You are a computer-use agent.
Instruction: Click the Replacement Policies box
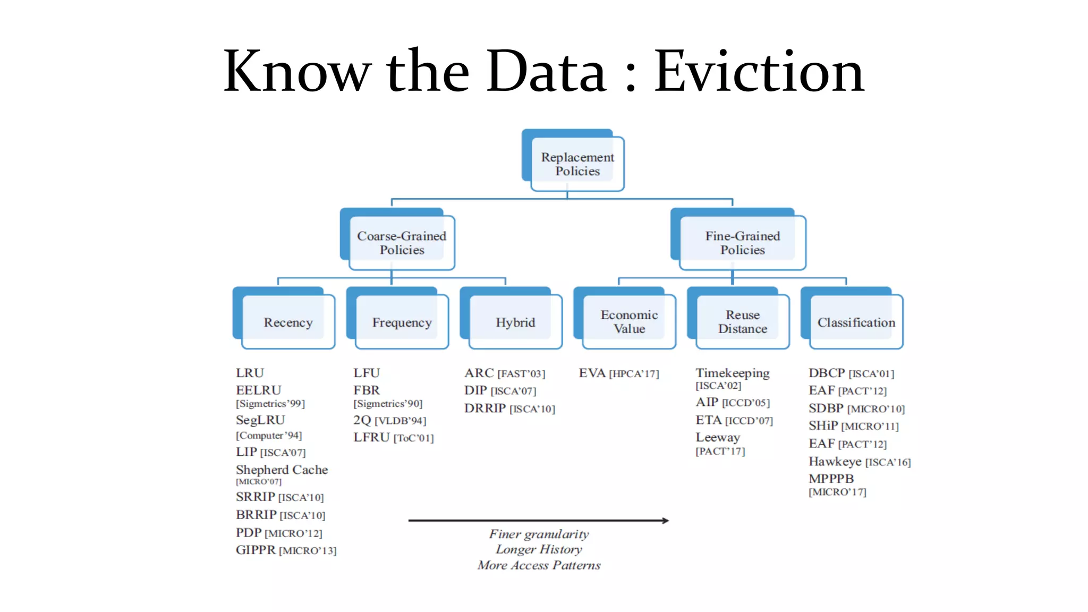click(x=577, y=164)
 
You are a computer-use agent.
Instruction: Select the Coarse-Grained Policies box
click(x=402, y=243)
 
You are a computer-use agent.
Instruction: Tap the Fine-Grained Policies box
click(x=742, y=243)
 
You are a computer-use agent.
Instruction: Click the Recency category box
click(x=288, y=322)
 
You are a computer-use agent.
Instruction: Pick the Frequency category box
click(x=402, y=322)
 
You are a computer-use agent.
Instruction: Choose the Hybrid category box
click(x=515, y=322)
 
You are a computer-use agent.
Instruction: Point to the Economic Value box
click(x=629, y=322)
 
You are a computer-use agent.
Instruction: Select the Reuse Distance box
click(x=742, y=322)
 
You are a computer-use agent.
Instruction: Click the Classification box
click(x=856, y=322)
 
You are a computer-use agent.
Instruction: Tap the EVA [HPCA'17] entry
click(x=618, y=373)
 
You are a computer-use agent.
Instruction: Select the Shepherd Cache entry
click(x=282, y=470)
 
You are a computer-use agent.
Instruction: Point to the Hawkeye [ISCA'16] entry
click(x=859, y=462)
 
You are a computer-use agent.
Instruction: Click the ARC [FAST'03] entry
click(x=504, y=373)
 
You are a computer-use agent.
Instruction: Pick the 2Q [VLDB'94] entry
click(x=389, y=420)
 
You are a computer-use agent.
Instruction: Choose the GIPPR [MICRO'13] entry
click(x=286, y=550)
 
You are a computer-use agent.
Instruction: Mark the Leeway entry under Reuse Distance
click(x=718, y=438)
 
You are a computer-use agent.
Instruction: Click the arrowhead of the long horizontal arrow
click(x=665, y=521)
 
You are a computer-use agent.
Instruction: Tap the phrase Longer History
click(x=539, y=549)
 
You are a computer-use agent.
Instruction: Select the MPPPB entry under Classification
click(x=831, y=479)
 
